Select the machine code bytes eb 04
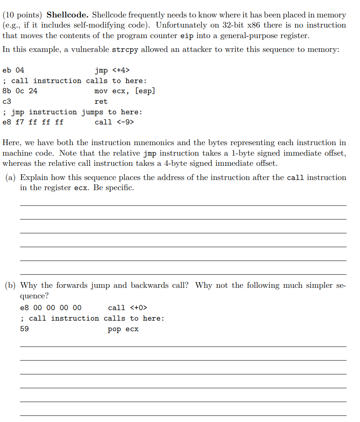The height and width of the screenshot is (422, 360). [13, 70]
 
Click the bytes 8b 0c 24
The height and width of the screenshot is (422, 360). [20, 91]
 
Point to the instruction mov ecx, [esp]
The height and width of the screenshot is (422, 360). [124, 91]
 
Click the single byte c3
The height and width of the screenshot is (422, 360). [6, 101]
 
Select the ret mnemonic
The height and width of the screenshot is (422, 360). [101, 101]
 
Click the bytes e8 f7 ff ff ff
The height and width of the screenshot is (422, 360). [33, 122]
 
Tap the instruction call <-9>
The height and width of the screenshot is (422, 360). [114, 122]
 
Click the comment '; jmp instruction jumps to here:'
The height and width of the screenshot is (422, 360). [72, 112]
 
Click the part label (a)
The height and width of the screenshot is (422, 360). [11, 178]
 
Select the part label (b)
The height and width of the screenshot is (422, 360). [11, 285]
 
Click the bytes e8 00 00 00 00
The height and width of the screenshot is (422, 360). [51, 308]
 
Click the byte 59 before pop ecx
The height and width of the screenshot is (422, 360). [24, 329]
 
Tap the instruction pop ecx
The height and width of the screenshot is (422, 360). [123, 329]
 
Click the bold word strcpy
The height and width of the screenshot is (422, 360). [124, 49]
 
